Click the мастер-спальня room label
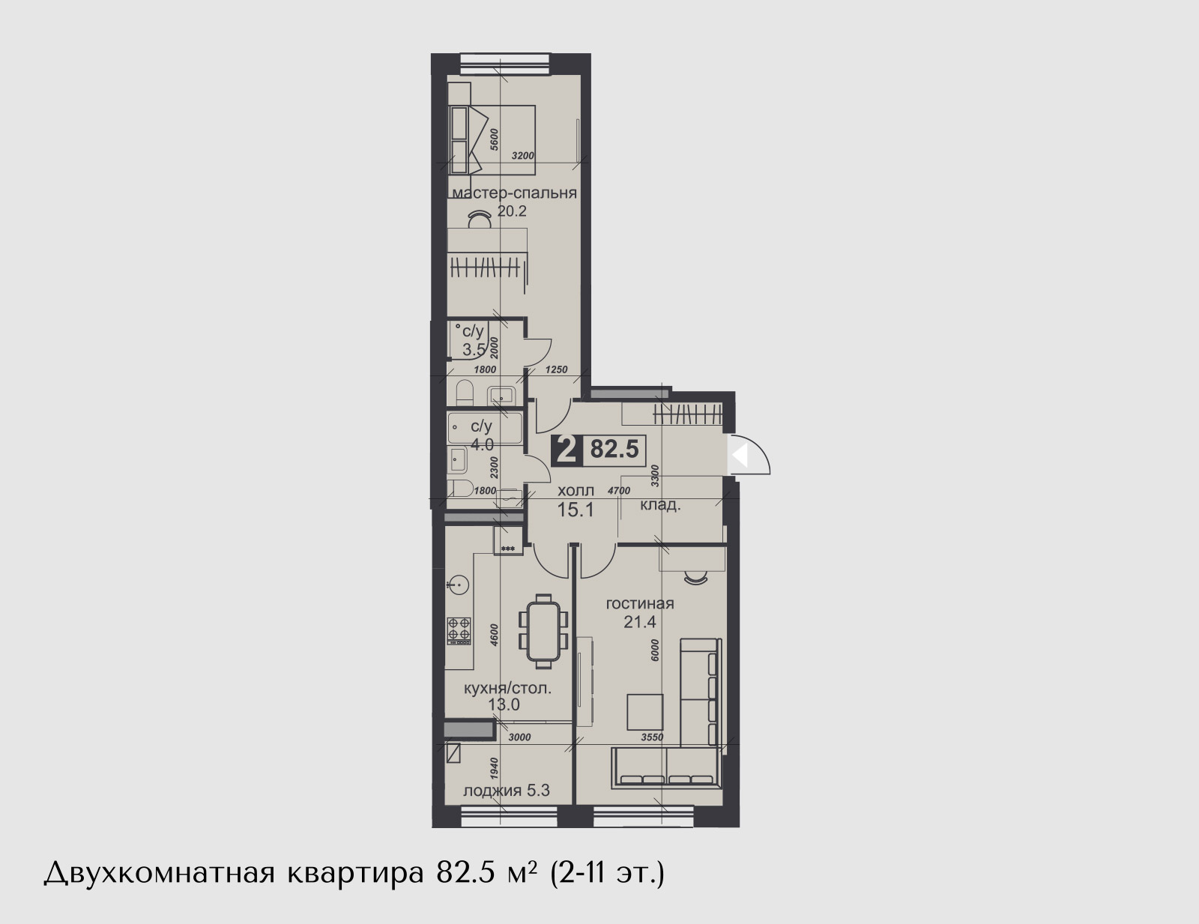point(514,193)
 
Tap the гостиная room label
point(640,603)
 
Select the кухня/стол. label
point(507,688)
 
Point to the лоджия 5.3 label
point(507,791)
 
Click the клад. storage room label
point(660,505)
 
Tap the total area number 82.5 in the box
point(614,450)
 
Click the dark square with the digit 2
point(566,450)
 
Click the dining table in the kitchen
point(543,631)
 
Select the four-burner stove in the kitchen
point(459,630)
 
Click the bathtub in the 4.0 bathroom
point(484,428)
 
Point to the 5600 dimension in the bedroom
point(495,139)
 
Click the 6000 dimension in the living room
point(655,650)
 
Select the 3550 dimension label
point(652,737)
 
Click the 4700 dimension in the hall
point(618,490)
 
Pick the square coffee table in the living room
point(645,712)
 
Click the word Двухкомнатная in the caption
point(159,874)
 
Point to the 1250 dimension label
point(556,369)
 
